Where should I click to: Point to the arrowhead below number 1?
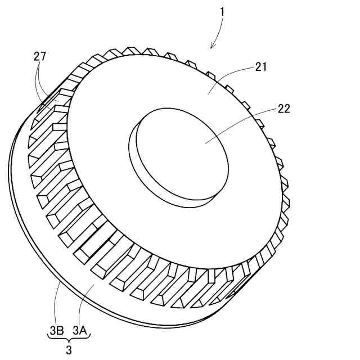click(213, 46)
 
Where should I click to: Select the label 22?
click(283, 109)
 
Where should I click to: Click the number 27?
click(39, 56)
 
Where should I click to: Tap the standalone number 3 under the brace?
click(68, 350)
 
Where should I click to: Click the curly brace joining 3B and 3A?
click(67, 340)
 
